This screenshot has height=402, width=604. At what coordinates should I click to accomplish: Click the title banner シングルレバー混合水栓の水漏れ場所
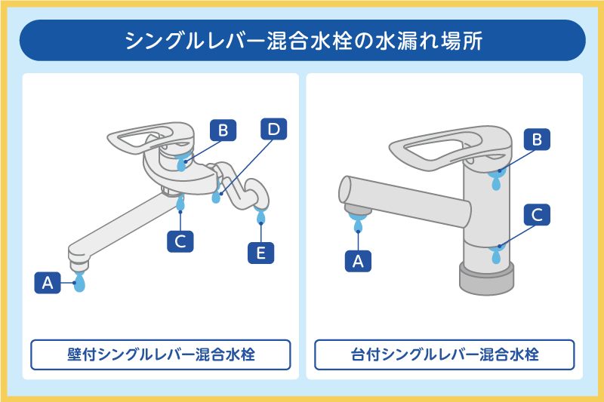tap(302, 40)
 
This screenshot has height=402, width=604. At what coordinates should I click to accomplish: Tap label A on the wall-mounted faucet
tap(47, 283)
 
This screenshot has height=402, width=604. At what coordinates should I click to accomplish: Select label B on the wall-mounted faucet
tap(223, 130)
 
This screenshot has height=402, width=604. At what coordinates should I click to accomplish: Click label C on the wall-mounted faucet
tap(180, 241)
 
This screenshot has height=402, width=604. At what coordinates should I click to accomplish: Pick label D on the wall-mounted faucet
tap(273, 129)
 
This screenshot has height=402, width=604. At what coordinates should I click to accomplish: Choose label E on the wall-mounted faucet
tap(261, 253)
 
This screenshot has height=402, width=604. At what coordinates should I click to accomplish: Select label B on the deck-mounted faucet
tap(537, 140)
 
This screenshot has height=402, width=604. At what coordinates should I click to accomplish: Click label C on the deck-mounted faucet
tap(537, 214)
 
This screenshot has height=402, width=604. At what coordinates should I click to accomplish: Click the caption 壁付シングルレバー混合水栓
tap(160, 354)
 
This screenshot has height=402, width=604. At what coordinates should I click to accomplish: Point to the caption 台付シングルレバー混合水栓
tap(444, 354)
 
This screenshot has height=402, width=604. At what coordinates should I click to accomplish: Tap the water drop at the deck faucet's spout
tap(359, 223)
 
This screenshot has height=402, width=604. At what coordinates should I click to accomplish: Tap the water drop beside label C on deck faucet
tap(496, 254)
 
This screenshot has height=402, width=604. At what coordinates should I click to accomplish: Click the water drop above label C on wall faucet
tap(180, 204)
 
